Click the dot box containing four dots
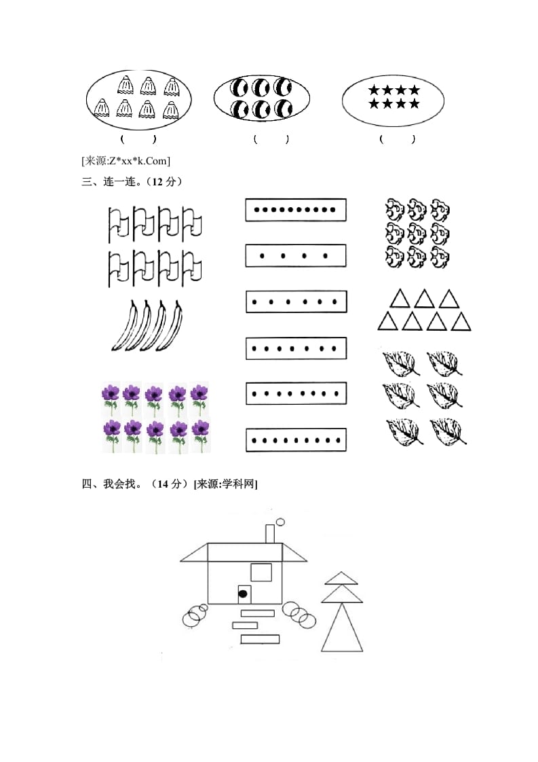[296, 256]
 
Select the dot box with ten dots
[296, 210]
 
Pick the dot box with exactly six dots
[296, 302]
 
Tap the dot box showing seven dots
[296, 348]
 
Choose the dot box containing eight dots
[296, 393]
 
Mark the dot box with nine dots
[296, 440]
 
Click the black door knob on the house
[242, 594]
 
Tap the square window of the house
[261, 572]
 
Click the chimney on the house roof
[269, 534]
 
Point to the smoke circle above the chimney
[280, 522]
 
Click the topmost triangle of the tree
[341, 578]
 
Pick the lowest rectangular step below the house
[261, 638]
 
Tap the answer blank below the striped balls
[271, 139]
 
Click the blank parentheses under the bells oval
[138, 139]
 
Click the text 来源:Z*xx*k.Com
[126, 161]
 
